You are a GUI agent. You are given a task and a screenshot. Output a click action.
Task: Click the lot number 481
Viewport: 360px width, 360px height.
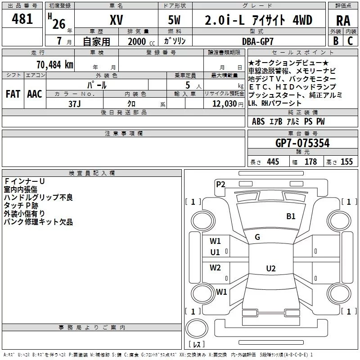pyautogui.click(x=22, y=18)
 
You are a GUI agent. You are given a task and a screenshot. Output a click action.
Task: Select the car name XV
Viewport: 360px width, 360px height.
pyautogui.click(x=117, y=20)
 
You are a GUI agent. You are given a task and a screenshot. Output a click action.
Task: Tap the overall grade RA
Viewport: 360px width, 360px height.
pyautogui.click(x=343, y=21)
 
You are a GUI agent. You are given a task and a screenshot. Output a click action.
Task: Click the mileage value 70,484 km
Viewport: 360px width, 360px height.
pyautogui.click(x=55, y=65)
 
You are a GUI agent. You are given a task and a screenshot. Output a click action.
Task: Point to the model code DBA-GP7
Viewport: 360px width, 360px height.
pyautogui.click(x=258, y=41)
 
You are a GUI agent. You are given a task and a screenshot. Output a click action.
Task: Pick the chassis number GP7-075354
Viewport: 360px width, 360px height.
pyautogui.click(x=302, y=143)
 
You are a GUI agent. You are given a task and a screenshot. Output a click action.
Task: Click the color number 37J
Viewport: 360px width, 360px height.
pyautogui.click(x=75, y=104)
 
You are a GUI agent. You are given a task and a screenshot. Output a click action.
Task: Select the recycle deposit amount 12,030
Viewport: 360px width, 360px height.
pyautogui.click(x=225, y=104)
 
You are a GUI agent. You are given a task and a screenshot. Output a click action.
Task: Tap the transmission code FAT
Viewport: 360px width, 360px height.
pyautogui.click(x=13, y=94)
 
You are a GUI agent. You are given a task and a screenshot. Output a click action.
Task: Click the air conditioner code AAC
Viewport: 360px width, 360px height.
pyautogui.click(x=35, y=94)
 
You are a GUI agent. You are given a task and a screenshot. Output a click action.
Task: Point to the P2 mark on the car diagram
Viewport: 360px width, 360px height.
pyautogui.click(x=220, y=184)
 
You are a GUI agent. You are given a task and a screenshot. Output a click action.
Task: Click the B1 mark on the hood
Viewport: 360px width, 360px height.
pyautogui.click(x=291, y=216)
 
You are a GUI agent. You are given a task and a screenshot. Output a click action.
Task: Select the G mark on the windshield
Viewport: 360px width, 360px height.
pyautogui.click(x=257, y=237)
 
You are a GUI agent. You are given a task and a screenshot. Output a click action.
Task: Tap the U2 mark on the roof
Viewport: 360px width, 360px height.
pyautogui.click(x=271, y=268)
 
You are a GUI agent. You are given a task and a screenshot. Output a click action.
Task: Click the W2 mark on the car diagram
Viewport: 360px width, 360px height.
pyautogui.click(x=215, y=267)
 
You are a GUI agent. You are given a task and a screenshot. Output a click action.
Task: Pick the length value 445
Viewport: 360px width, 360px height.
pyautogui.click(x=273, y=162)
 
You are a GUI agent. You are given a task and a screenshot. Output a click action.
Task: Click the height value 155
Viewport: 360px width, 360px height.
pyautogui.click(x=346, y=162)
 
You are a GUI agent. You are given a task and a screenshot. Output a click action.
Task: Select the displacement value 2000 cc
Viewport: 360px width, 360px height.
pyautogui.click(x=141, y=42)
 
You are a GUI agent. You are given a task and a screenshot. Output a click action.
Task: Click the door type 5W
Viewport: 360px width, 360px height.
pyautogui.click(x=174, y=20)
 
